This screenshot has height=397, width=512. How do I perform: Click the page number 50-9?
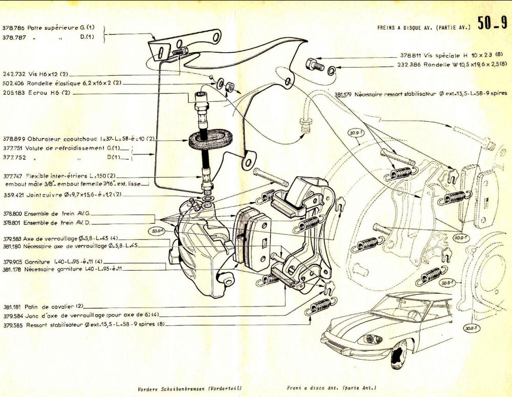coord(492,24)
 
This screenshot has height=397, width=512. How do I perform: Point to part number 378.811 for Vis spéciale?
coord(410,55)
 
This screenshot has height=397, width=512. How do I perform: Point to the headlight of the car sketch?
coord(372,339)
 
